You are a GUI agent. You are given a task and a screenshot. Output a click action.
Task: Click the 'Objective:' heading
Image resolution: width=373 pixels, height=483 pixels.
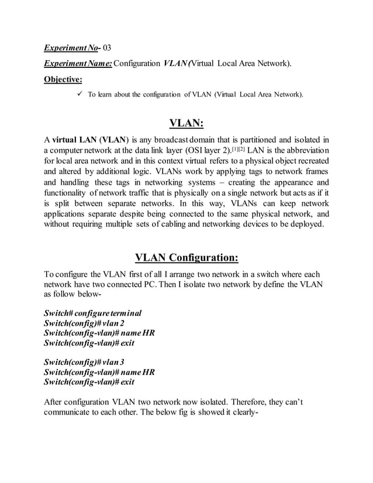click(63, 78)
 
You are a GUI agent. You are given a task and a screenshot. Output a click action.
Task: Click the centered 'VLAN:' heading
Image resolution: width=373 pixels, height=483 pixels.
click(186, 123)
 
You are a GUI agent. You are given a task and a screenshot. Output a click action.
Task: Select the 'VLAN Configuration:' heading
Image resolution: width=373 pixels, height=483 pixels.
click(186, 258)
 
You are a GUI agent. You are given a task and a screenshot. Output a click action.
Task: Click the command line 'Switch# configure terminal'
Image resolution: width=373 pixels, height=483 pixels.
click(93, 313)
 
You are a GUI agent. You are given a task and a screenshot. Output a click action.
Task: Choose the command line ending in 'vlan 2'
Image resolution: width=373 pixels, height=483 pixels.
click(84, 323)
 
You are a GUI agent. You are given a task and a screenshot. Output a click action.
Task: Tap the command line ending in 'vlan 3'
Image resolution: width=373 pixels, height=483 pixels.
click(84, 362)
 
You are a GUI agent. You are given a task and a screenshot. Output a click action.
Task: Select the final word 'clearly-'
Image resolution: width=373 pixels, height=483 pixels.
click(242, 413)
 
